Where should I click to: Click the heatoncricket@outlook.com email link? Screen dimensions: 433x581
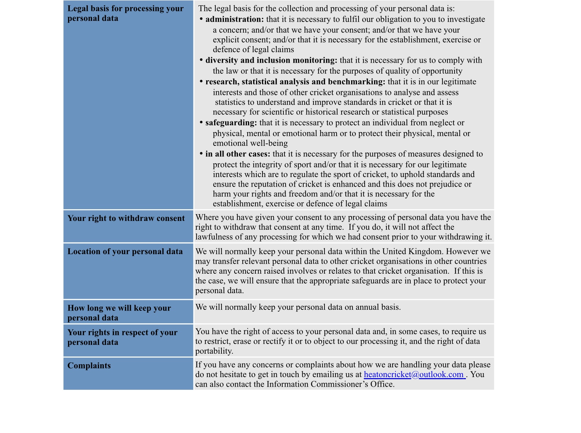pos(414,375)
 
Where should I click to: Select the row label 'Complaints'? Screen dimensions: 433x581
pos(89,366)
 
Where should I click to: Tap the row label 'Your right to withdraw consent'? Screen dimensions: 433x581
pos(126,218)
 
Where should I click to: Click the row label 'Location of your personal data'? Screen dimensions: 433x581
pos(125,252)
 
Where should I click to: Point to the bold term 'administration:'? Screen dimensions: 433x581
pos(235,19)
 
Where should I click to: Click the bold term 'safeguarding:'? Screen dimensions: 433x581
pos(231,123)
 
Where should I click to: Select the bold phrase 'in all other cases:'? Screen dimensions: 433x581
pos(238,154)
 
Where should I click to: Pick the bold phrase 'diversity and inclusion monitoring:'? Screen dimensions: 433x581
pos(271,61)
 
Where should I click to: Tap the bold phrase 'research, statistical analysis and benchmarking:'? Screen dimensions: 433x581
pos(295,82)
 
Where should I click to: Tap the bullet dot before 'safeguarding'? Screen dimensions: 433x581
pos(201,123)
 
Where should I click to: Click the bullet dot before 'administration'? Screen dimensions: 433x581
pos(201,19)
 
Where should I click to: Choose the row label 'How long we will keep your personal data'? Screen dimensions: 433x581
pos(119,313)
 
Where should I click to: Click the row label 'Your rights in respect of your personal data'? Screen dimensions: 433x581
pos(122,337)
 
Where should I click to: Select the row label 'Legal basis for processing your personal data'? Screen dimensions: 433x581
pos(125,13)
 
